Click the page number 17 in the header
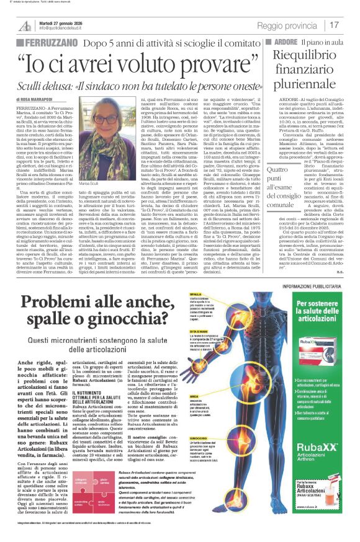(x=335, y=25)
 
